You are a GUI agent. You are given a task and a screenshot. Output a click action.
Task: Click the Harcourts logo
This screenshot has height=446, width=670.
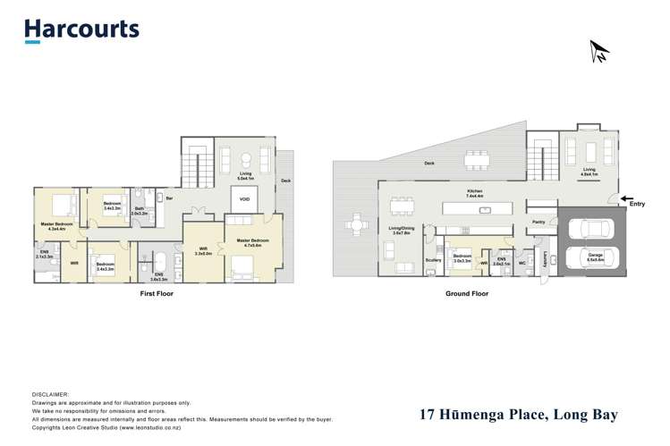81,29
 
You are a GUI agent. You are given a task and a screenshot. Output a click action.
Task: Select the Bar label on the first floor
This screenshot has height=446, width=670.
168,198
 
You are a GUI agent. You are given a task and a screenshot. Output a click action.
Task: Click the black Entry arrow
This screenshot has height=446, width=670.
626,200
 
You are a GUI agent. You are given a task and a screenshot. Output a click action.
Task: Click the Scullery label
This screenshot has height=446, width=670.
433,261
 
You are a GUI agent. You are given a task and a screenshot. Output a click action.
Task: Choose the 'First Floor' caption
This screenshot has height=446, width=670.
157,293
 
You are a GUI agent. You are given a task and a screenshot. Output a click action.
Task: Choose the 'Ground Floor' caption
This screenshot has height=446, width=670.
467,293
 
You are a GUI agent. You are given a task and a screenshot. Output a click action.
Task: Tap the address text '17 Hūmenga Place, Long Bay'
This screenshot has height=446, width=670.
519,415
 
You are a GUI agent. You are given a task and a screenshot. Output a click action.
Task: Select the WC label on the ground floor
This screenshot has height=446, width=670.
521,263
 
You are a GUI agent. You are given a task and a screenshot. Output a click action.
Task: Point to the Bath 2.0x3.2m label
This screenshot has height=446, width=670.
140,212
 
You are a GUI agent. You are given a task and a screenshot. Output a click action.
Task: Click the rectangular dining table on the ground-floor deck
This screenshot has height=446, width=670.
477,160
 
